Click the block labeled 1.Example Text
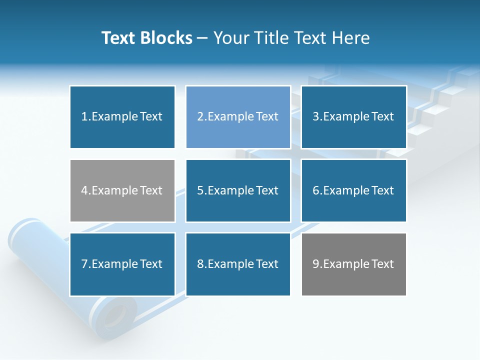coord(122,117)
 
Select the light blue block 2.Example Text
coord(238,117)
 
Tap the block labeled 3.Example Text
coord(353,117)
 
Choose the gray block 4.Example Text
coord(122,190)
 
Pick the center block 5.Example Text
coord(238,190)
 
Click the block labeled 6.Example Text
coord(353,190)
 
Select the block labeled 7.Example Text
coord(122,264)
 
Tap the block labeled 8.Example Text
coord(238,264)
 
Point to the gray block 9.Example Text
coord(353,264)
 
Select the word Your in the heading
coord(230,38)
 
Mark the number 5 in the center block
coord(200,190)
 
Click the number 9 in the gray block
coord(315,264)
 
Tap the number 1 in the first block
coord(84,117)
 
